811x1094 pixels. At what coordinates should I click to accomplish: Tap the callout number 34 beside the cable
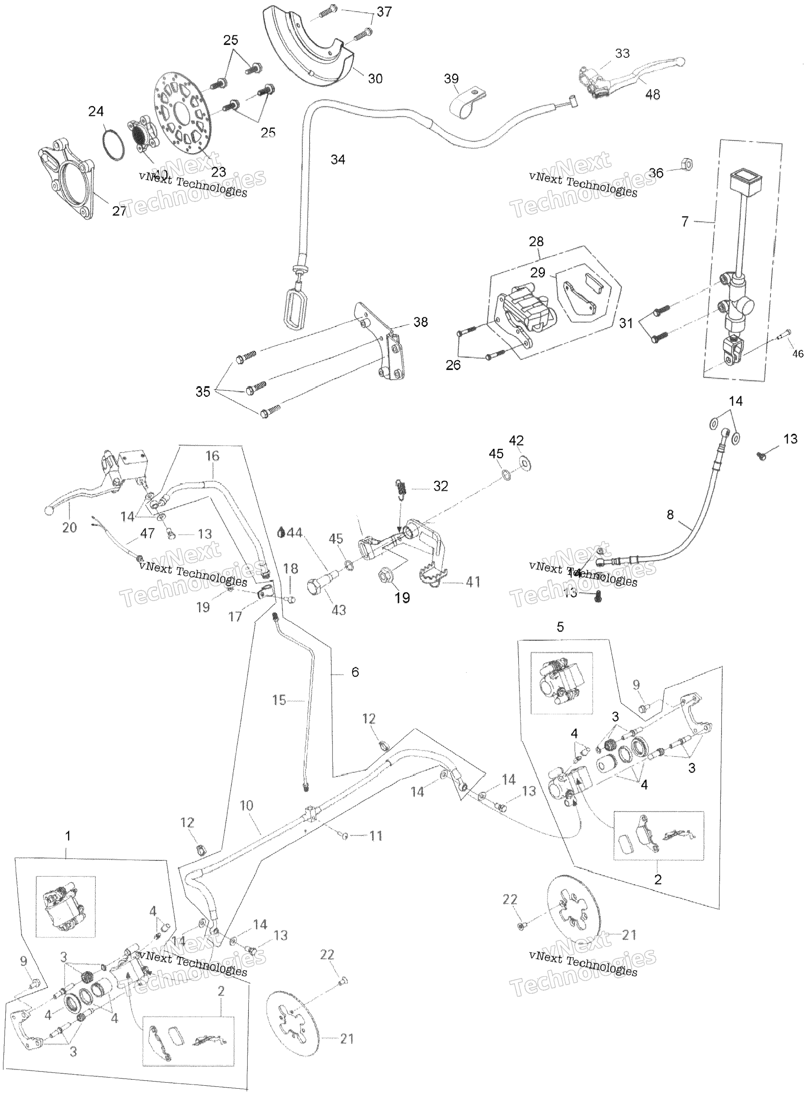338,160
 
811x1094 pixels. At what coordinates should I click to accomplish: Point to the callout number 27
119,211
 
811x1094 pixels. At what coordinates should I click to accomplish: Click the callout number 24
96,112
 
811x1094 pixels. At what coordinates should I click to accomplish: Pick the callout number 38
421,322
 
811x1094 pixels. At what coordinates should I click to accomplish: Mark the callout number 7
685,222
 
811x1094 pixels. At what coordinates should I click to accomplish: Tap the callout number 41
473,582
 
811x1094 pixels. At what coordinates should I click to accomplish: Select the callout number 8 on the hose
671,515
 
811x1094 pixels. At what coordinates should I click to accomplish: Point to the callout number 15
279,700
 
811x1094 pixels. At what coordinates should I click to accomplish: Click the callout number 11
376,836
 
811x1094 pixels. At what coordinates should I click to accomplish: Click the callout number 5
560,627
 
